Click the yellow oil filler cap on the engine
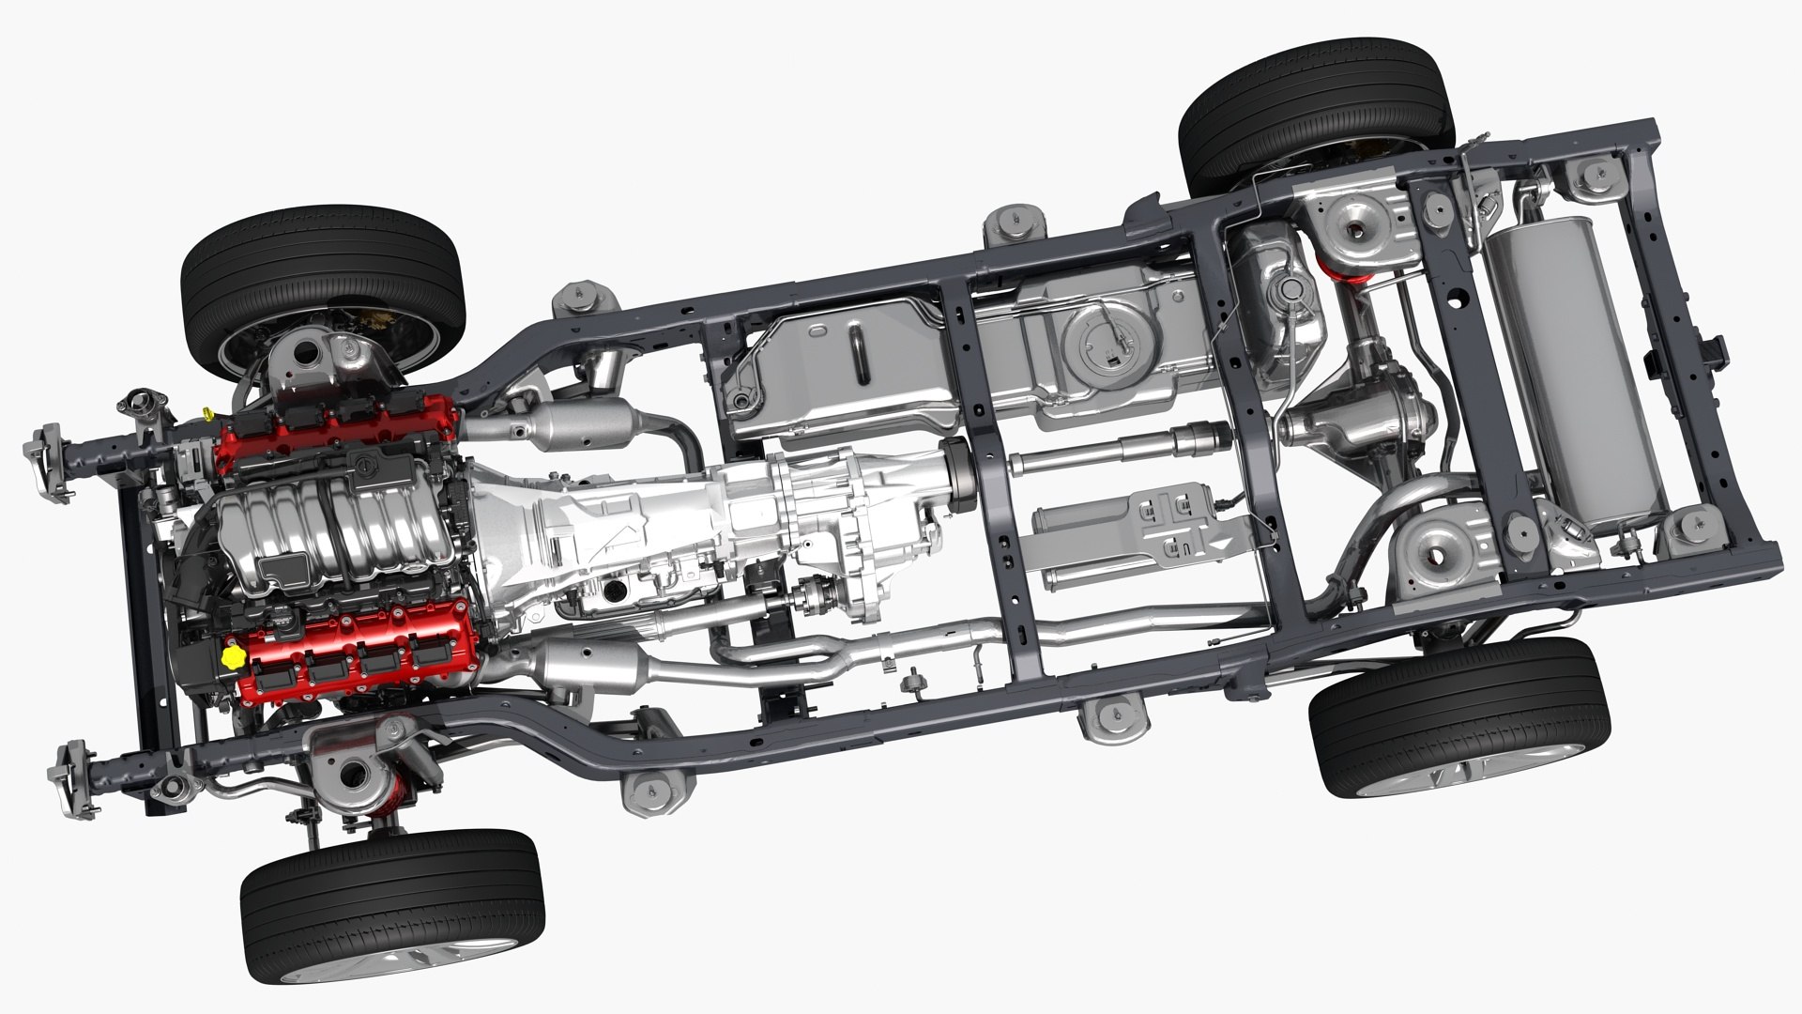tap(232, 654)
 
